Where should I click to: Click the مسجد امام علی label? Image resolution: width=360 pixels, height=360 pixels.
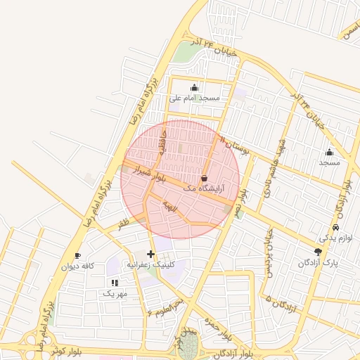195,98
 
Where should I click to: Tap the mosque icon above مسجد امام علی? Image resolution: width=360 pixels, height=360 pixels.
195,88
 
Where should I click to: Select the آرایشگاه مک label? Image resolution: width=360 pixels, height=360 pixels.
203,188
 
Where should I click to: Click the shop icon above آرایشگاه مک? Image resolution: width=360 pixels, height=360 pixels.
204,178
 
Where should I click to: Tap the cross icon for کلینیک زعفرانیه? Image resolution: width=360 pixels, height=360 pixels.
150,253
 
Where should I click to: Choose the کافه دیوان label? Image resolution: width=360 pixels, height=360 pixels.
78,266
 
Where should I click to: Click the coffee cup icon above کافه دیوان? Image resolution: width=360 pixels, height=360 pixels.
77,255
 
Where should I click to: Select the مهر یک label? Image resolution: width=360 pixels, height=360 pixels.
115,292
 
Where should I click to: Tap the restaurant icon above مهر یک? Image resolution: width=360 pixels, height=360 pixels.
115,282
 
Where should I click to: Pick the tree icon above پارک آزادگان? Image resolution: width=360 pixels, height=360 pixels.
318,251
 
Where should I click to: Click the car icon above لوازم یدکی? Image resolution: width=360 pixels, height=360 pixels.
335,228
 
